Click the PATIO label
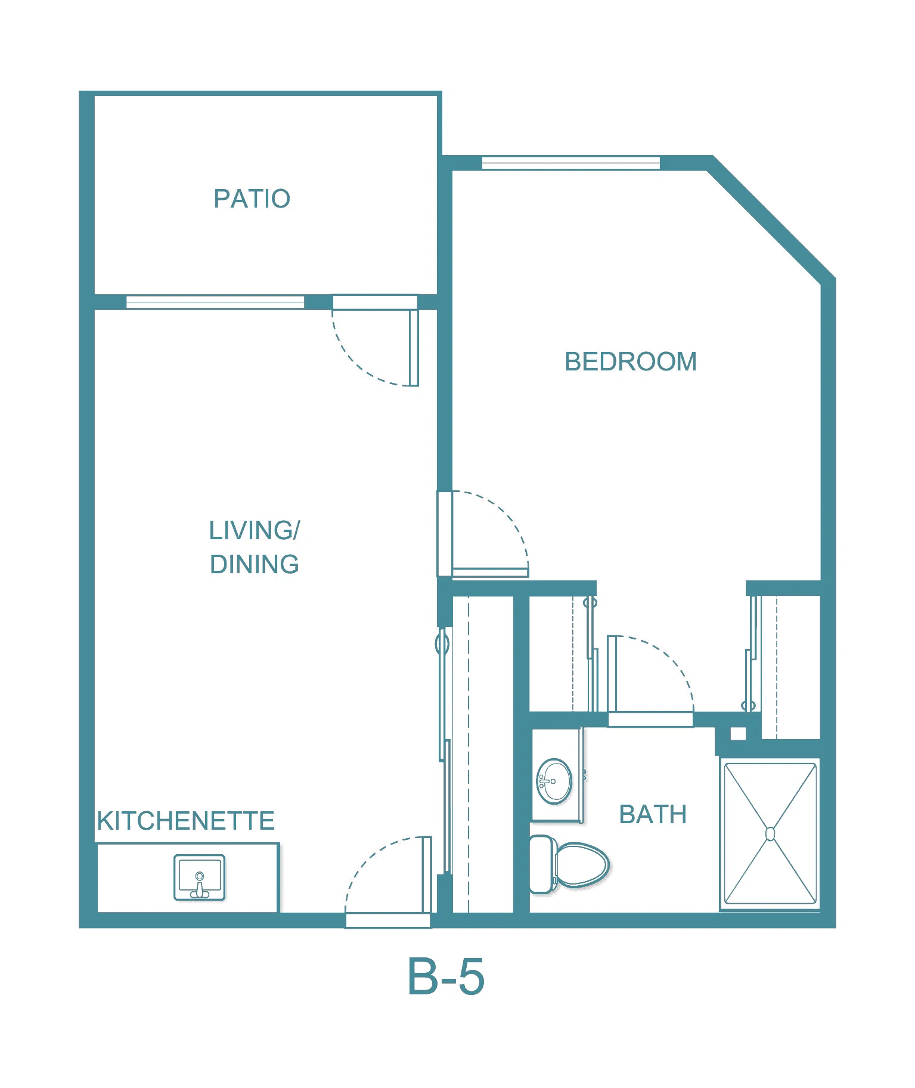click(252, 199)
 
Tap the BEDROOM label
click(631, 361)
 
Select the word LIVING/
click(255, 530)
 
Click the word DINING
click(255, 564)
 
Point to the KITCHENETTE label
click(186, 821)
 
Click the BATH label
click(653, 814)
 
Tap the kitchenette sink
click(199, 877)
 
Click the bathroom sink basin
click(554, 781)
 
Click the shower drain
click(770, 833)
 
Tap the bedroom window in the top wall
click(571, 162)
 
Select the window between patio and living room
click(215, 302)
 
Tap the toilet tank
click(541, 864)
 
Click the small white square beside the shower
click(738, 734)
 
